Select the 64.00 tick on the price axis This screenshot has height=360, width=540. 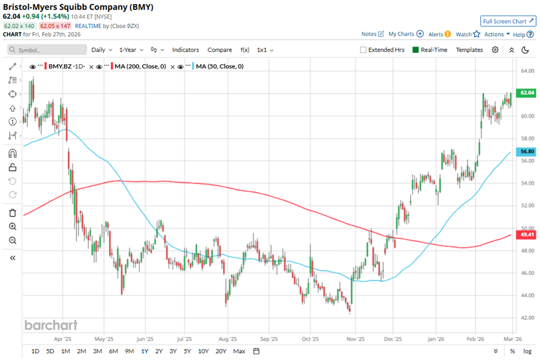pos(527,71)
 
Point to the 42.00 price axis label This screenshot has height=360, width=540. pos(527,318)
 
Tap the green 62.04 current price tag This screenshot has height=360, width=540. pos(527,93)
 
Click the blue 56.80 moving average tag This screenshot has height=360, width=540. pos(527,152)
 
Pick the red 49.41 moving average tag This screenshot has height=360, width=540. pos(527,235)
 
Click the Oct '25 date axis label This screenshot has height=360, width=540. pos(310,339)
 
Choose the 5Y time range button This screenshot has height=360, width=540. pos(187,351)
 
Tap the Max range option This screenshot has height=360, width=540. pos(239,351)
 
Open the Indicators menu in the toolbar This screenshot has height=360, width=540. pos(186,50)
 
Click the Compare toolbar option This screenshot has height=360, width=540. pos(219,50)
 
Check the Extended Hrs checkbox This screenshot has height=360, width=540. pos(363,50)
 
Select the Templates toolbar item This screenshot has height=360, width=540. pos(469,50)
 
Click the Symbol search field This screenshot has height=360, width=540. pos(49,50)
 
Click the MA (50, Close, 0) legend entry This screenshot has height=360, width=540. pos(219,67)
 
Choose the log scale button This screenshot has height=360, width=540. pos(524,351)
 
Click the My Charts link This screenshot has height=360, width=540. pos(401,34)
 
